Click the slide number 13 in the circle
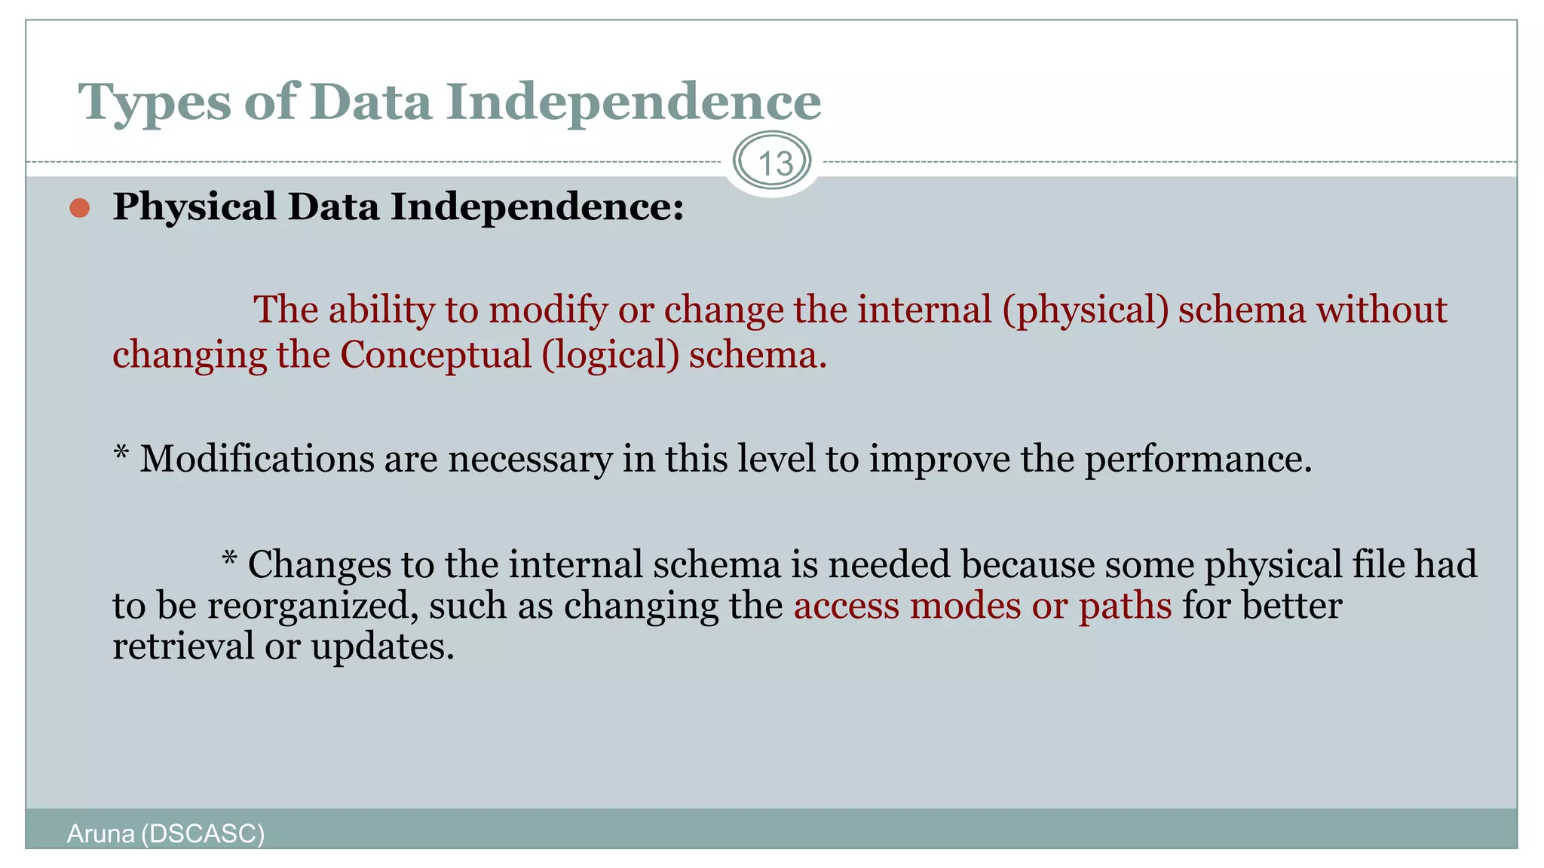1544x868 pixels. (774, 163)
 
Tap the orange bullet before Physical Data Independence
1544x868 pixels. (80, 208)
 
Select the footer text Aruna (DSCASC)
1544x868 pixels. (166, 834)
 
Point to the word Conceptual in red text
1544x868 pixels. (436, 355)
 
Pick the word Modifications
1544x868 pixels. (256, 459)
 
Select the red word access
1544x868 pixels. (846, 606)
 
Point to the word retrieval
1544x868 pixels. (183, 646)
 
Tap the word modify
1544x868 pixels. (548, 310)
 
